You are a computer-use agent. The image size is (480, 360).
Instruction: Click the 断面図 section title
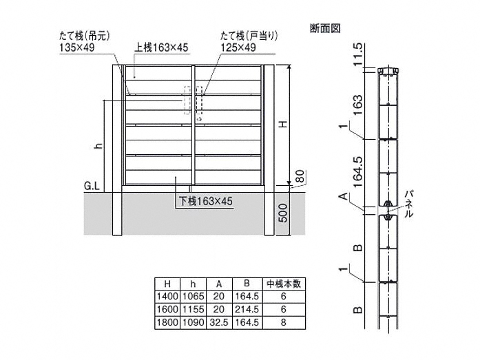325,29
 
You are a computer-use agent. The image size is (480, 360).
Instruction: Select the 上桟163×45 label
161,47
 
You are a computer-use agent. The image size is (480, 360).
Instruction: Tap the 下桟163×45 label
206,201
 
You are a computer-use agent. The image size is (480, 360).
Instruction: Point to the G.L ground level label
92,187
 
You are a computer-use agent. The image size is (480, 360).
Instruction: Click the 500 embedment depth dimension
283,213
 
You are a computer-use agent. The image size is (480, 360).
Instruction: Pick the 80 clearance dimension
300,176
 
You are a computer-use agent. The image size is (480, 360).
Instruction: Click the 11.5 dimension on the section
357,54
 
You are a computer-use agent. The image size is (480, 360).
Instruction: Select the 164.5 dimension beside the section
357,171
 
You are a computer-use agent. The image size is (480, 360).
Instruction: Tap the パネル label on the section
408,204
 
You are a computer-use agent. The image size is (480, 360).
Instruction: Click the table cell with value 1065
193,297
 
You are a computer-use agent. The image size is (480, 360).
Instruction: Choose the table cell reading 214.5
247,309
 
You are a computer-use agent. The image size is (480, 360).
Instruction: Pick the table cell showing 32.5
219,322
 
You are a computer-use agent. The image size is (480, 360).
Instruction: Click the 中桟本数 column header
284,284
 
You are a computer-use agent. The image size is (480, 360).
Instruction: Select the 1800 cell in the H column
167,322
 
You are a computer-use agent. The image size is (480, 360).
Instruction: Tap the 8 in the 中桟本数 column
284,322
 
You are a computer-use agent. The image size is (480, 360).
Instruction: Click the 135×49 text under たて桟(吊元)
77,47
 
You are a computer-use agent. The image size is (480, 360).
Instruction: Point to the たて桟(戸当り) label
249,36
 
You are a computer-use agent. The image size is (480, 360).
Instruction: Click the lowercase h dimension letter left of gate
98,146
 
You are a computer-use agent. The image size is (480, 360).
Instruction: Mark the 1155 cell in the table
193,309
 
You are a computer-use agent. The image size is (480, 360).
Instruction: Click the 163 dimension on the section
357,105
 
